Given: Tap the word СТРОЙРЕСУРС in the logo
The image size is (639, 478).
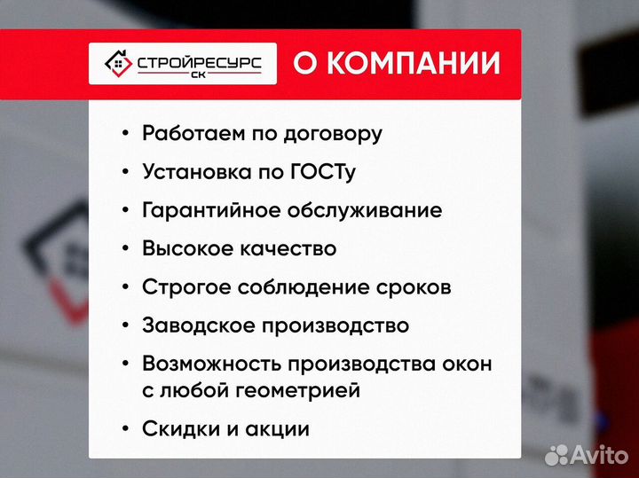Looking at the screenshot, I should (x=197, y=61).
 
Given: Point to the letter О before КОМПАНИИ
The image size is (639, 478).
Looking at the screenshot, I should (x=304, y=64).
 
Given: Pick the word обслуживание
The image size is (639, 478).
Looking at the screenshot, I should (x=365, y=211).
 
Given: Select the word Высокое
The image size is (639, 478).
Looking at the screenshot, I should (x=187, y=248).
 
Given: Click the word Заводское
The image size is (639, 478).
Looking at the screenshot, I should (x=197, y=325).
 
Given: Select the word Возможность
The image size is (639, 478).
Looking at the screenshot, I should (x=209, y=364).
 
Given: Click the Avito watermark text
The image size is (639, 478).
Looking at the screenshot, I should (x=599, y=454).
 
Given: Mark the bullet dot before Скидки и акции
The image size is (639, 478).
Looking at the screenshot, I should (x=124, y=430).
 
